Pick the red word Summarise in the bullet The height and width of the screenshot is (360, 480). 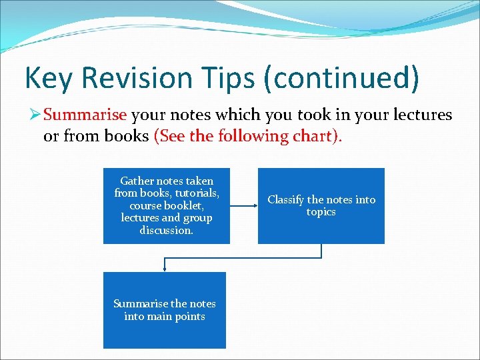[85, 115]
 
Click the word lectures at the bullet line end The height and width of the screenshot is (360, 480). [421, 115]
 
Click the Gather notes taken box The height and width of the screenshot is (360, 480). [166, 205]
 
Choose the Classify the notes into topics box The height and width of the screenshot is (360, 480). [321, 205]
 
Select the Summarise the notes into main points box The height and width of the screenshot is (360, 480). [164, 310]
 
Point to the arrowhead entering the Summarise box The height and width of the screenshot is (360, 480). [165, 269]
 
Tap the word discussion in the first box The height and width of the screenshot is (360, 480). [166, 231]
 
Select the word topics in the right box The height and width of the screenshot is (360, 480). [321, 212]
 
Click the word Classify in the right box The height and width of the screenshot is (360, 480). [285, 199]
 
